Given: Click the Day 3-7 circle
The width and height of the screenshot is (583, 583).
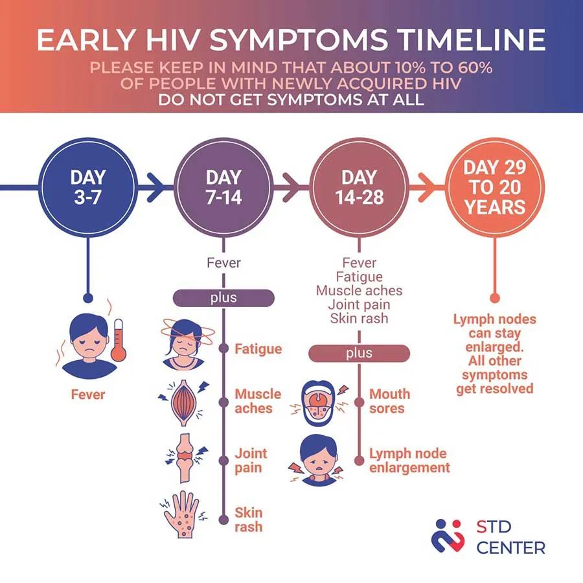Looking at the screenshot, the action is (88, 187).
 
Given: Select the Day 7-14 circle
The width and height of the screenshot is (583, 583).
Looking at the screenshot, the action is (223, 187).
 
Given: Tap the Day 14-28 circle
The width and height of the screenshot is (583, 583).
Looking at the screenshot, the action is (359, 187).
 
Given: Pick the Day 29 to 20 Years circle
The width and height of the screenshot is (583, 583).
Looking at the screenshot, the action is (495, 187).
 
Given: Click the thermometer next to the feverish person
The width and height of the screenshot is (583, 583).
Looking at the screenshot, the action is (119, 340).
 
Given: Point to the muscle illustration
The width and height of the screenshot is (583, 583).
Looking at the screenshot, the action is (183, 403).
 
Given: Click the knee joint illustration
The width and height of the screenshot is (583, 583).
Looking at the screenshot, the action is (185, 458).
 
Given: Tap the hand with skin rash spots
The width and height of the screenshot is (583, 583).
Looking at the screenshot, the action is (182, 514).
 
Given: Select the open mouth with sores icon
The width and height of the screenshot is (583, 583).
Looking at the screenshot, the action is (318, 403).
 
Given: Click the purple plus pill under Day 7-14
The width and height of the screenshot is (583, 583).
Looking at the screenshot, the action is (223, 298).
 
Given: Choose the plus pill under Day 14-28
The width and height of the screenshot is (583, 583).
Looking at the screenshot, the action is (359, 353).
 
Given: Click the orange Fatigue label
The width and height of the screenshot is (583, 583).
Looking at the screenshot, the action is (258, 349).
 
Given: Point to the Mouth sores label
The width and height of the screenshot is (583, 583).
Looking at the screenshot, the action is (390, 401).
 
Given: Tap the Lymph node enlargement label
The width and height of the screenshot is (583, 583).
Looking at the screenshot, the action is (409, 461).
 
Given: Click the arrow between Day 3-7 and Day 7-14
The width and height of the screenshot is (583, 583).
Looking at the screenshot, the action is (155, 187).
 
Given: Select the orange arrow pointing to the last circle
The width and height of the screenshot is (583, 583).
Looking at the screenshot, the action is (428, 187).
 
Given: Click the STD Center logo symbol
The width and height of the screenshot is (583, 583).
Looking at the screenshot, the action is (448, 536).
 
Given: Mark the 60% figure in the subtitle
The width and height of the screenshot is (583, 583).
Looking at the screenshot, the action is (475, 67).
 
